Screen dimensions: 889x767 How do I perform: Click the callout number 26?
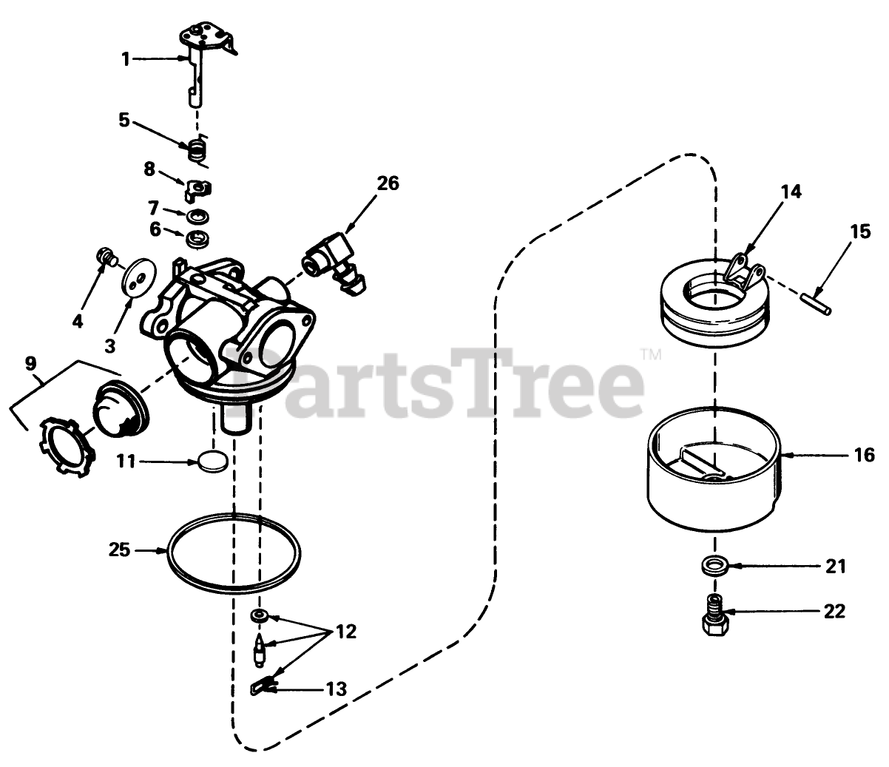point(388,183)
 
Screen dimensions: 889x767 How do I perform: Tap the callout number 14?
point(791,192)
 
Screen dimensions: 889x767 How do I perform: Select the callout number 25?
point(119,550)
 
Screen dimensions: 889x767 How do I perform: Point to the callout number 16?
point(864,455)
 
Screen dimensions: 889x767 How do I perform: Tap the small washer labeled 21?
point(714,566)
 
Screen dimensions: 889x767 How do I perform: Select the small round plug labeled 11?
point(213,462)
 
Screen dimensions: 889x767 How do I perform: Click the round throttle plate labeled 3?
point(139,277)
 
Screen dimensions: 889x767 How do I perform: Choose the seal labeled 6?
point(197,238)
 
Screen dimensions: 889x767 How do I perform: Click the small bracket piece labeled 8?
point(197,189)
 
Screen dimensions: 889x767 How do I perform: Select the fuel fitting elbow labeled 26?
point(334,264)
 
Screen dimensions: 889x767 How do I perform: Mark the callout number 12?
point(346,632)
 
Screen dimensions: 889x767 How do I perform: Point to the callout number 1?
point(126,59)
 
